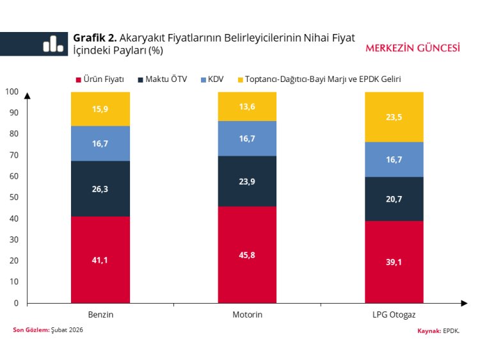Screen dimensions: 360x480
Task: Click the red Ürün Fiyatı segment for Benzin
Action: coord(100,259)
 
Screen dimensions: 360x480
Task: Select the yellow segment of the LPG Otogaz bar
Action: coord(394,117)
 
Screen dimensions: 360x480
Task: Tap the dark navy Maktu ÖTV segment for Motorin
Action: coord(247,181)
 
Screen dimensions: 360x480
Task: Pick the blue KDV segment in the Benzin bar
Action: coord(100,143)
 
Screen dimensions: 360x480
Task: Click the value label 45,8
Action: coord(247,255)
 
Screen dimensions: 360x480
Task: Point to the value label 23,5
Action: coord(394,117)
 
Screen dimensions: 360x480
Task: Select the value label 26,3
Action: coord(100,189)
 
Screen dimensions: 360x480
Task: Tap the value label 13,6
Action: coord(247,106)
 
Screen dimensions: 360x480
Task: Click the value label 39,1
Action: coord(394,261)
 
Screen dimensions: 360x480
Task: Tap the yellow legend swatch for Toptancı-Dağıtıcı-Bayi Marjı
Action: coord(241,79)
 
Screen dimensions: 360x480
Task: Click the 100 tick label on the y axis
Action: coord(12,92)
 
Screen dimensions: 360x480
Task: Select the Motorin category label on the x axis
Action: coord(247,315)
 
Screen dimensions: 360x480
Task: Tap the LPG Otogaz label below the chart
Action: coord(394,315)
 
